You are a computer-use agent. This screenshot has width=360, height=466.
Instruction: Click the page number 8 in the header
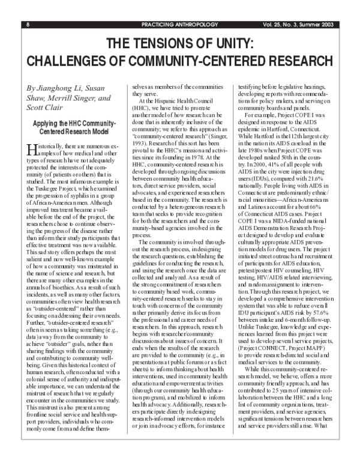click(x=28, y=25)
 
